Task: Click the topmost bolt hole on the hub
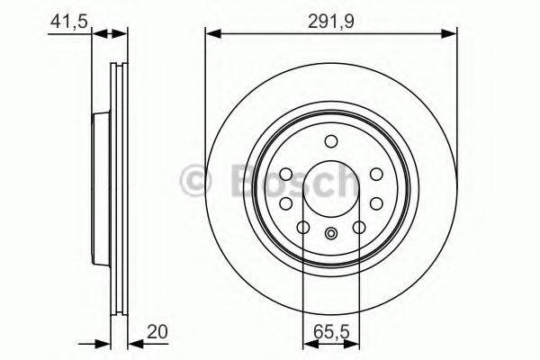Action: [331, 141]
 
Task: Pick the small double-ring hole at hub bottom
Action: [331, 235]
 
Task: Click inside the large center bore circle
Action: [331, 188]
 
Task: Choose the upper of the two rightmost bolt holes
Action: [377, 173]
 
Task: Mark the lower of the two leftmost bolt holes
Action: [285, 203]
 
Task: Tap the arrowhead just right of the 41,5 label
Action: [99, 34]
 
